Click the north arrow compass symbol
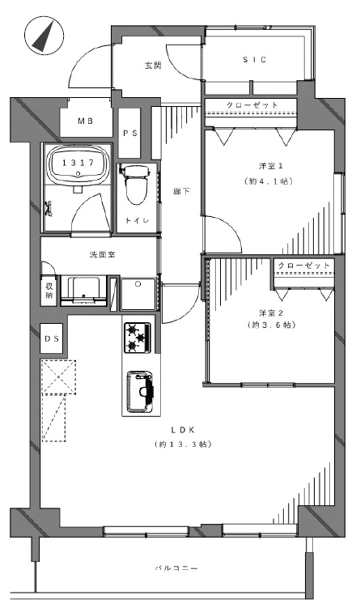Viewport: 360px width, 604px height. click(44, 36)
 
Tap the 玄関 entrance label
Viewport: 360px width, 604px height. click(153, 66)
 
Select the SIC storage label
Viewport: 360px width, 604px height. click(255, 60)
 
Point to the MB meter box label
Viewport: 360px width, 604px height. click(86, 121)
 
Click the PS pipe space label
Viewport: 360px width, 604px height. click(130, 133)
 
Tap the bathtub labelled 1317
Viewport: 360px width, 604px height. click(78, 163)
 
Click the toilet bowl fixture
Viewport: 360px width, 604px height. click(134, 184)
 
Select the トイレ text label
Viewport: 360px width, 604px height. click(137, 220)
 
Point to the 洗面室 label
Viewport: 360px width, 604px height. click(102, 254)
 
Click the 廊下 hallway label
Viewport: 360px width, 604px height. click(181, 191)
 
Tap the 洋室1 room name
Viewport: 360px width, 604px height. click(271, 166)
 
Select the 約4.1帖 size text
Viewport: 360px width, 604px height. click(269, 181)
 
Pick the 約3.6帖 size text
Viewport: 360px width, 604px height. click(272, 325)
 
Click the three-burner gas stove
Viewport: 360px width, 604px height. click(137, 338)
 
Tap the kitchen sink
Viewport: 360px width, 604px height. click(140, 391)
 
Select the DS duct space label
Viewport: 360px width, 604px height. click(52, 339)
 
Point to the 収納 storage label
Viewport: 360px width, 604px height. click(49, 291)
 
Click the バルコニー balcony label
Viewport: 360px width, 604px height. click(176, 568)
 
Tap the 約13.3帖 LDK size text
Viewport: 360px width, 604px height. click(184, 444)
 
